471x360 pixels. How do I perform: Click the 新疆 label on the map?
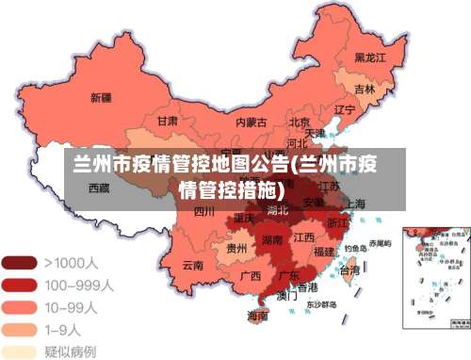(x=101, y=97)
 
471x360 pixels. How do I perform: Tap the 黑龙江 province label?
(x=370, y=57)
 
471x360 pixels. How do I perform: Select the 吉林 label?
(x=365, y=90)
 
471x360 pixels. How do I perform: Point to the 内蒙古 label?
(x=252, y=122)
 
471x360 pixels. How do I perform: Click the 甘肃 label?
(x=168, y=122)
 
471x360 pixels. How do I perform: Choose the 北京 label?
(x=300, y=122)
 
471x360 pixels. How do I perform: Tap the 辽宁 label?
(x=345, y=109)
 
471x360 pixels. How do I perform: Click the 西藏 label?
(x=99, y=188)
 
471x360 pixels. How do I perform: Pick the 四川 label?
(x=203, y=211)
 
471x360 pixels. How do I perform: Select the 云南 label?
(x=193, y=265)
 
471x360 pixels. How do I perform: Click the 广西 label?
(x=251, y=276)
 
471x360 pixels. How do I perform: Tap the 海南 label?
(x=257, y=316)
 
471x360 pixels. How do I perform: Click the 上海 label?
(x=355, y=204)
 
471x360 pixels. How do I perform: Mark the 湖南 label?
(x=272, y=239)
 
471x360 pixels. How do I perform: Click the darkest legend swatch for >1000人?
(x=18, y=263)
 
